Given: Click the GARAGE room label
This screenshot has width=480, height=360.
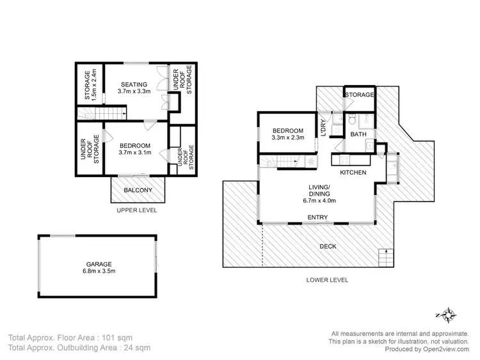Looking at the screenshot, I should click(99, 263).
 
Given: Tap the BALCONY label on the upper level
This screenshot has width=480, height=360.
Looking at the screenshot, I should click(138, 190).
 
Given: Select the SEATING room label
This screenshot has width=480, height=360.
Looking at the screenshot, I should click(132, 84).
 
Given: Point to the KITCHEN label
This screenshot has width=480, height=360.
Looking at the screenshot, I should click(353, 173).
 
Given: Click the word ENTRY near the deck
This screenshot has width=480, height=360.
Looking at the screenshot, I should click(317, 217).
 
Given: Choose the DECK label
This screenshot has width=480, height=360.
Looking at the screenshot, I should click(328, 246).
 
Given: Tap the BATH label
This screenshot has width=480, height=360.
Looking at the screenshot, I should click(357, 134).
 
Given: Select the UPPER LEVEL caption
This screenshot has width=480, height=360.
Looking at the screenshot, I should click(136, 210).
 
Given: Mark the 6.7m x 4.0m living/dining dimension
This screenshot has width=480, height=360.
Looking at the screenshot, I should click(318, 200).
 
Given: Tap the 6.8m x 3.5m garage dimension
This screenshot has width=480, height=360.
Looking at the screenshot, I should click(99, 271).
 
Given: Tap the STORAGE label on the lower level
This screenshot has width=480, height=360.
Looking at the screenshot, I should click(360, 95).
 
